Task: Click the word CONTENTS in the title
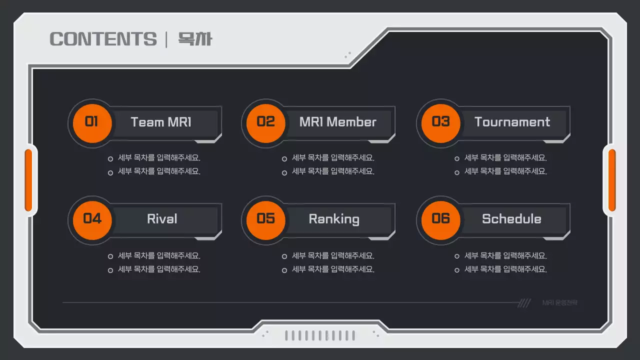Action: click(x=103, y=39)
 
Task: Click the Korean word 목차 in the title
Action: click(x=195, y=39)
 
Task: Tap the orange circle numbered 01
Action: click(x=91, y=122)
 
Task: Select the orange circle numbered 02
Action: click(x=265, y=122)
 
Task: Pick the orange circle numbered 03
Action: click(x=440, y=122)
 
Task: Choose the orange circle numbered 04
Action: click(x=91, y=219)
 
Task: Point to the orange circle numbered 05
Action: click(x=265, y=219)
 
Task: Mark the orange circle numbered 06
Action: click(x=440, y=219)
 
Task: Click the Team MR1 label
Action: click(x=161, y=122)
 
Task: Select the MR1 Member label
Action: click(x=337, y=122)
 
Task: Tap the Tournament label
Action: click(x=512, y=122)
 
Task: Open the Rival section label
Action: click(x=162, y=219)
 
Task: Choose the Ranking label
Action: click(x=334, y=219)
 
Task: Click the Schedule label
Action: click(x=511, y=219)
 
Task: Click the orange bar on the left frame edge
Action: click(x=28, y=180)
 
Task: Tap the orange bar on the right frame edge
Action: click(x=611, y=180)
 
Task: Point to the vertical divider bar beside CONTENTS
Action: click(x=166, y=39)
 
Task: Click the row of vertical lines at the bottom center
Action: click(x=320, y=335)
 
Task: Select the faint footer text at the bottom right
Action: click(x=559, y=303)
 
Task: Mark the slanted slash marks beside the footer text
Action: click(x=524, y=303)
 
